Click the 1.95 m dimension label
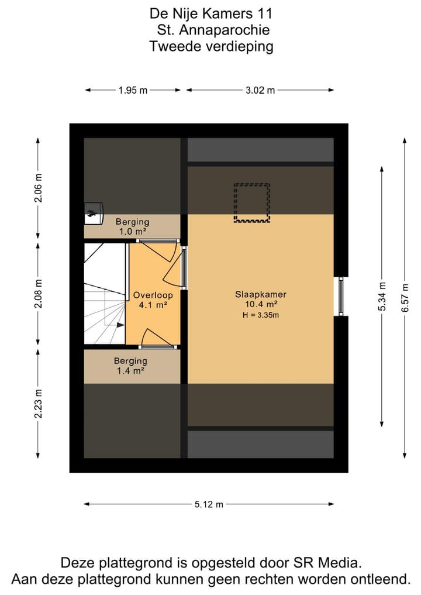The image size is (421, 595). coord(133,90)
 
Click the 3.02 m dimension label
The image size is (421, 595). coord(260,90)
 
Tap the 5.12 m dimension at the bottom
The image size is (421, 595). coord(208,504)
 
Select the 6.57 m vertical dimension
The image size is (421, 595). coord(404,298)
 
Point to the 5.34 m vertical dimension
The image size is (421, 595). coord(382,298)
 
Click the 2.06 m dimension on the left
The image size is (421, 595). coord(39,188)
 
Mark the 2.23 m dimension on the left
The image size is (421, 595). coord(39,404)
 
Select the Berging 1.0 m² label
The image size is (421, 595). coord(132,226)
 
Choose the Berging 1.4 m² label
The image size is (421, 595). coord(130,366)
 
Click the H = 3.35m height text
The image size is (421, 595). coord(261,315)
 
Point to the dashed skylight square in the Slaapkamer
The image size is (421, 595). coord(251,202)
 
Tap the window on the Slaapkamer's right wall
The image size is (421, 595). coord(339,296)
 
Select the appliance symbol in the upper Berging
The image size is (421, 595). coord(93,212)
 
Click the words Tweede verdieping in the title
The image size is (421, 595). coord(211,47)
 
